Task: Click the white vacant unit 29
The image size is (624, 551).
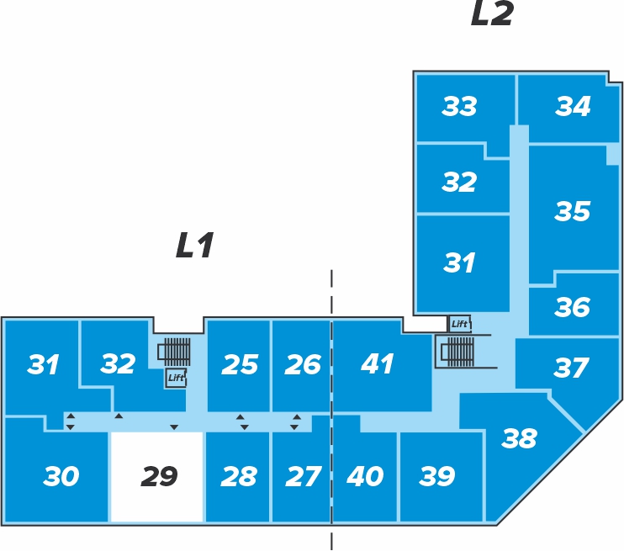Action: coord(158,477)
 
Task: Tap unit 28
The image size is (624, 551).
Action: coord(238,477)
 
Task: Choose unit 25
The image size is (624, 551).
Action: coord(239,364)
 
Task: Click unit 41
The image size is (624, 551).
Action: coord(377,364)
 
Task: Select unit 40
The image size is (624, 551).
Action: coord(365,477)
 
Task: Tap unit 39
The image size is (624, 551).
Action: coord(436,477)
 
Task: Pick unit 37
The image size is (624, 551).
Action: coord(571,368)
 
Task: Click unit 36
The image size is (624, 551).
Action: coord(573,308)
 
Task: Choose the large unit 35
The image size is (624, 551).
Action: coord(573,211)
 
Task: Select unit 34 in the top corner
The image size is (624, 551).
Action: coord(573,107)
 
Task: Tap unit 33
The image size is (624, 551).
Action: coord(460,107)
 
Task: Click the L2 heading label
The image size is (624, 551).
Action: coord(491,15)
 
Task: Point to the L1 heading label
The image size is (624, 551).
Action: coord(195,246)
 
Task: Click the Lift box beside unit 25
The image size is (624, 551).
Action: coord(175,379)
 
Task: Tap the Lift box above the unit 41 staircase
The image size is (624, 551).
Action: coord(459,324)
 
